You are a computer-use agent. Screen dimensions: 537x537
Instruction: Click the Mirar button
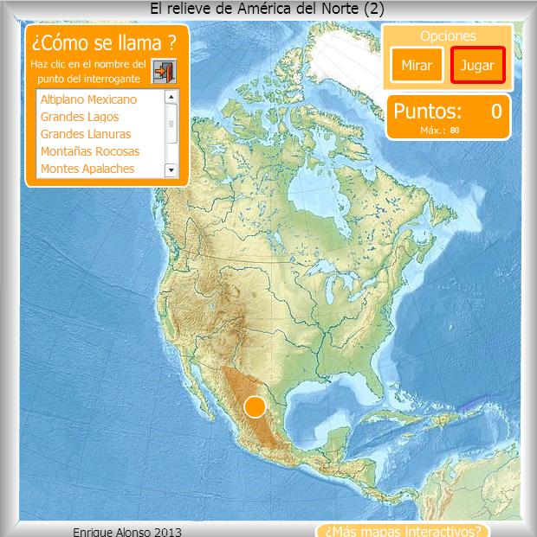[417, 65]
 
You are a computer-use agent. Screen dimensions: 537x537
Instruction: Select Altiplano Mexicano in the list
[88, 99]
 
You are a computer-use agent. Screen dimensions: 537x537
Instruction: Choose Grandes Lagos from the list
[80, 117]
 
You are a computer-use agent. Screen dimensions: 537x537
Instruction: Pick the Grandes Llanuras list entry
[86, 134]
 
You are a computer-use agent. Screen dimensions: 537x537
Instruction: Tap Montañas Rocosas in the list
[90, 151]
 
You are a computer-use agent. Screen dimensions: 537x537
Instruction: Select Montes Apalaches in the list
[87, 169]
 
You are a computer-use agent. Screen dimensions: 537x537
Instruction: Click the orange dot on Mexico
[255, 406]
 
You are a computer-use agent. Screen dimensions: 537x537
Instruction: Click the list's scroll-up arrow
[171, 98]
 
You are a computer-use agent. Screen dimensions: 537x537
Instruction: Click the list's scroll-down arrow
[171, 169]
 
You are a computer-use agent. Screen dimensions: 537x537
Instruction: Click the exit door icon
[163, 71]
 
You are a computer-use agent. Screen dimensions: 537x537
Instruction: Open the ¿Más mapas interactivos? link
[403, 530]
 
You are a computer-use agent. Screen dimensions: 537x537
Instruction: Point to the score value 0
[495, 111]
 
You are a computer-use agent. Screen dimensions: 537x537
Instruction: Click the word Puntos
[427, 111]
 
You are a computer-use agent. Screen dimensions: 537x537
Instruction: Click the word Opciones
[448, 35]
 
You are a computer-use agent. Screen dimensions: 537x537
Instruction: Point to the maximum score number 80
[455, 131]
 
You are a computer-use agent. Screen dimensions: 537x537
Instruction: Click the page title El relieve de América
[267, 9]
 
